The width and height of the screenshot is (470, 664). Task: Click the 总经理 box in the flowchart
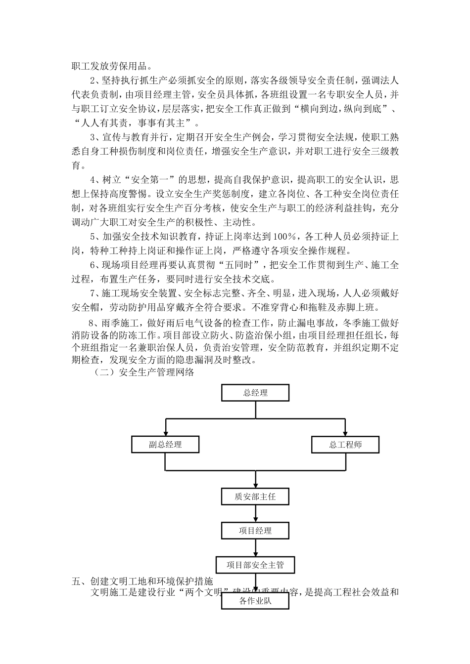point(255,393)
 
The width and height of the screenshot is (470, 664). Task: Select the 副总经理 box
point(165,445)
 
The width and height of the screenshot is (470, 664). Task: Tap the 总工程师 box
point(345,445)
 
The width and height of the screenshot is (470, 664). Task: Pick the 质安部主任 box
point(255,497)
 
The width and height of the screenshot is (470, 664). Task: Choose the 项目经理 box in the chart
point(255,531)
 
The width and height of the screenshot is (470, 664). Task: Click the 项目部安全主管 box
point(255,565)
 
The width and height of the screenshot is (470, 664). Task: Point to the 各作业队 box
point(255,601)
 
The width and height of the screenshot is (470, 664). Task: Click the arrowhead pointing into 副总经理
point(165,433)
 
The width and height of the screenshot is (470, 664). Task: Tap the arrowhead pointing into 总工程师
point(345,433)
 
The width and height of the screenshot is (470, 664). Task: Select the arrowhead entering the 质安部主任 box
point(255,485)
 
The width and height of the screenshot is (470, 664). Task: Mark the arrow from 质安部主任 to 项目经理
point(255,514)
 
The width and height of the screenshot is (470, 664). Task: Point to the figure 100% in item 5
point(286,236)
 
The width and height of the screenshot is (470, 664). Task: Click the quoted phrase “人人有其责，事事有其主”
point(136,122)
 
